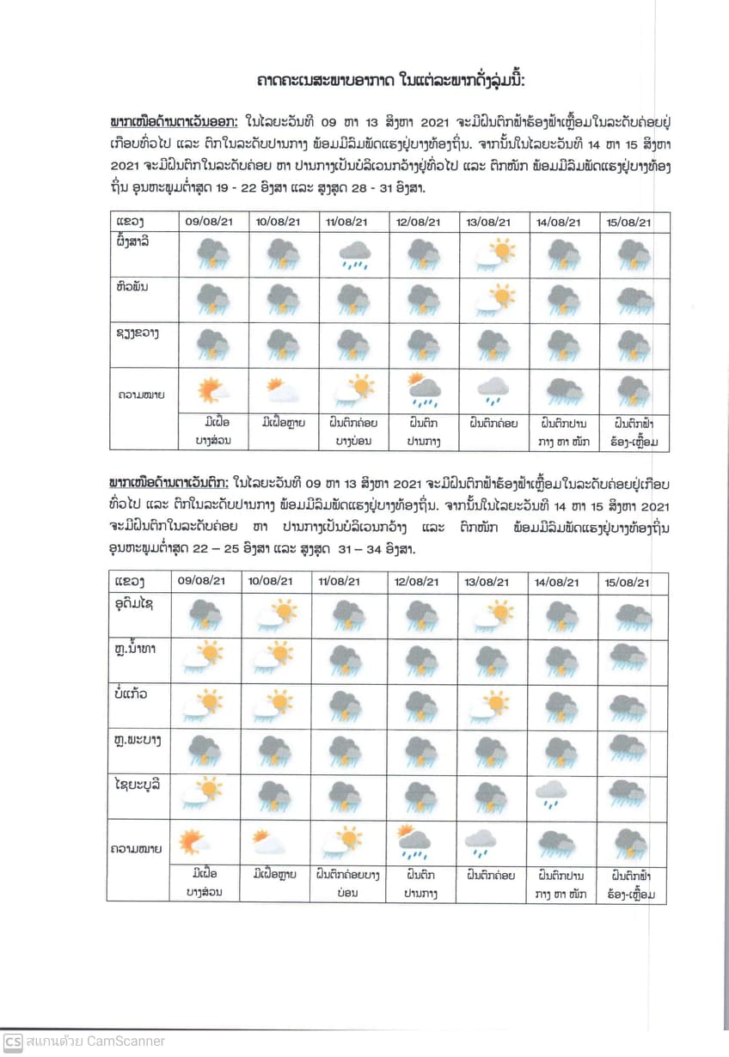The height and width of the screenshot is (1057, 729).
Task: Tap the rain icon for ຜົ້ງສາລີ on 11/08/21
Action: pos(354,254)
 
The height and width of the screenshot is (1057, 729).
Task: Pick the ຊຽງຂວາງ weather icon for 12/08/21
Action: pos(424,345)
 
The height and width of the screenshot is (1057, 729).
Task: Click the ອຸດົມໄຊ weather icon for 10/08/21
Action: pos(275,614)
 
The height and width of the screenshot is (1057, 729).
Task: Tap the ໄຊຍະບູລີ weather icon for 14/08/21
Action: pos(551,793)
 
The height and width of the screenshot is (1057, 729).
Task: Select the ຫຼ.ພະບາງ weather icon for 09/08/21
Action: pos(205,749)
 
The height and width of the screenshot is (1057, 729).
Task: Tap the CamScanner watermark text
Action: pos(95,1042)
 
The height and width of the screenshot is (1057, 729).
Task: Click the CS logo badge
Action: pos(13,1042)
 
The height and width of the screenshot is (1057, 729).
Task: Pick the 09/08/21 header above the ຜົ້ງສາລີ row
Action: pos(209,221)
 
